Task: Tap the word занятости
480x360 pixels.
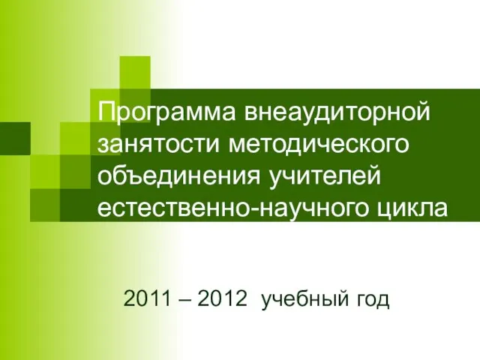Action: (x=158, y=144)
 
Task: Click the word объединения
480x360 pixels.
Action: (x=179, y=178)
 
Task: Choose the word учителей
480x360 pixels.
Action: (x=325, y=177)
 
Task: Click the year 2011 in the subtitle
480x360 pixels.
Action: (x=147, y=298)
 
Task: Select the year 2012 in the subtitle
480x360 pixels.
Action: (x=222, y=298)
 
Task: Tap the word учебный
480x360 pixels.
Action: (x=305, y=299)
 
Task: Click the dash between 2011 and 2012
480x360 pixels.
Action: (x=184, y=300)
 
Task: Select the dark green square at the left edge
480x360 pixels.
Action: (x=15, y=138)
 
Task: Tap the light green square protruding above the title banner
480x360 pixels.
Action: (x=135, y=73)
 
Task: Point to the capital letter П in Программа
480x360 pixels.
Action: (x=106, y=111)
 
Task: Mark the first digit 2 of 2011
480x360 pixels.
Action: (x=130, y=298)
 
